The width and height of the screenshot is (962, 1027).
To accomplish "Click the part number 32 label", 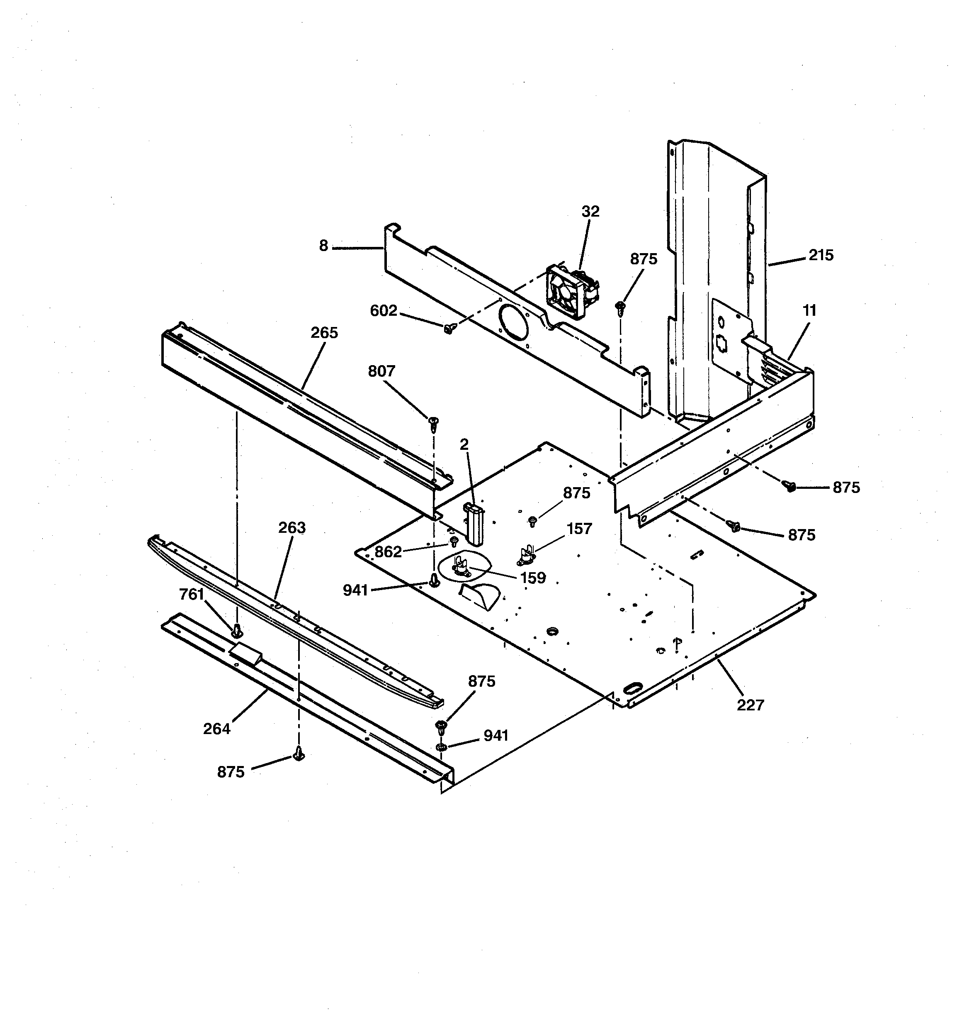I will [590, 211].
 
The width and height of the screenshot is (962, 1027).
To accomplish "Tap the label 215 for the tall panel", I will [821, 255].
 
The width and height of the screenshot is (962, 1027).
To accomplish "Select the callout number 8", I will [324, 246].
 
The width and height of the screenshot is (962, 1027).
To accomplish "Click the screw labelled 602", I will [448, 328].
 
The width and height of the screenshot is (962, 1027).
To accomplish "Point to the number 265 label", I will [324, 333].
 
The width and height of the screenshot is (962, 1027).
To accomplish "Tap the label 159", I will [533, 578].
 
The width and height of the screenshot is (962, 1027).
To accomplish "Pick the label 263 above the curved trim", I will [292, 528].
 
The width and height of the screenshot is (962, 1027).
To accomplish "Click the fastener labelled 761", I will [237, 630].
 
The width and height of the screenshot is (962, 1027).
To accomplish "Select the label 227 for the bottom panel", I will [750, 705].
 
